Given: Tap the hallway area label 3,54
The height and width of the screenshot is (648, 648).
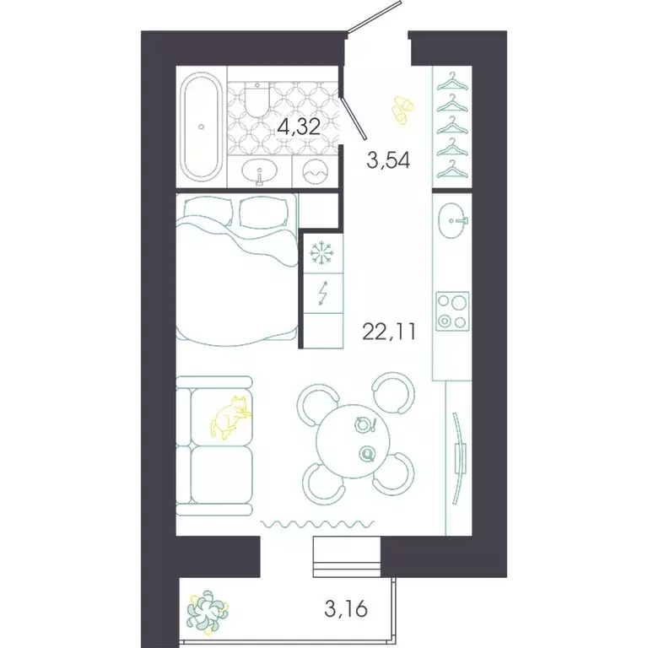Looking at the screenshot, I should coord(388,160).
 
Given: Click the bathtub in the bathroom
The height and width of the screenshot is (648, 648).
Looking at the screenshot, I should coord(201,127).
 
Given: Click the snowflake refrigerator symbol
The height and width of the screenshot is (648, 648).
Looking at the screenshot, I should coord(321,251).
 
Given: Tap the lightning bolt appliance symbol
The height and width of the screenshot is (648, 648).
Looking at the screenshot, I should coord(321,294).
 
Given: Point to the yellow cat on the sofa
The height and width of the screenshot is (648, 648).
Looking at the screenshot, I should coord(230,416).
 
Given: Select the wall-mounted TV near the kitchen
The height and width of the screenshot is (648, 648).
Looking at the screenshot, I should coord(459,456).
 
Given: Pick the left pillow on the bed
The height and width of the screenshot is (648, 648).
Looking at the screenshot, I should coord(206,211).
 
